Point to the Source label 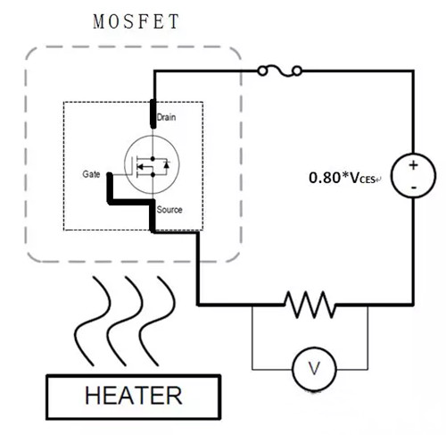(169, 210)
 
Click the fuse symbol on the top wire (281, 70)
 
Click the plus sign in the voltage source (415, 166)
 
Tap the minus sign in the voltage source (415, 187)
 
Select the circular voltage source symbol (415, 176)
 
